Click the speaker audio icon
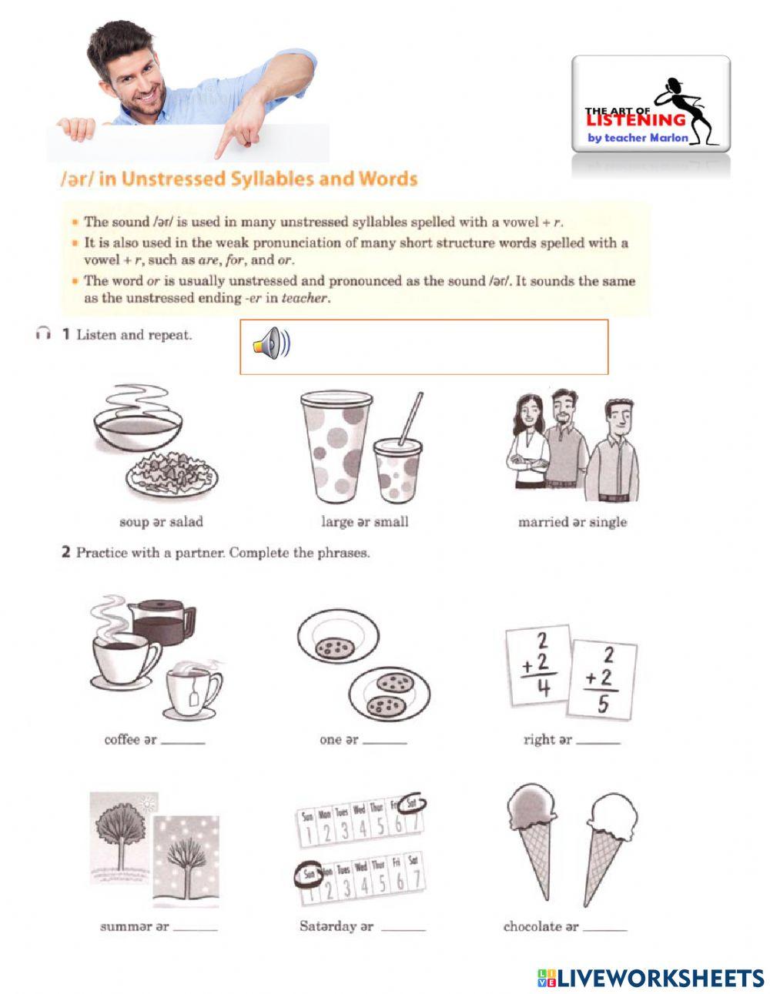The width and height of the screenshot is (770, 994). (x=271, y=343)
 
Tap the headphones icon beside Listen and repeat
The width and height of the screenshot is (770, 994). (x=42, y=334)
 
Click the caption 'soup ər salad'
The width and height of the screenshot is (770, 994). (x=161, y=522)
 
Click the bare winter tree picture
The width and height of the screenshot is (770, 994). (x=186, y=861)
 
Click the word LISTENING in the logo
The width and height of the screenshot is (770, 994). (x=635, y=119)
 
